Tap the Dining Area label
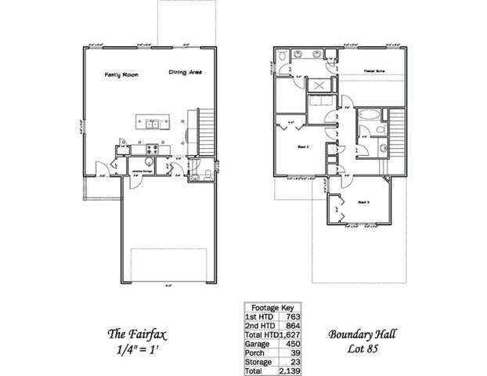coord(186,73)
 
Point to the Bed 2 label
coord(301,146)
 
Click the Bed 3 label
coord(363,202)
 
